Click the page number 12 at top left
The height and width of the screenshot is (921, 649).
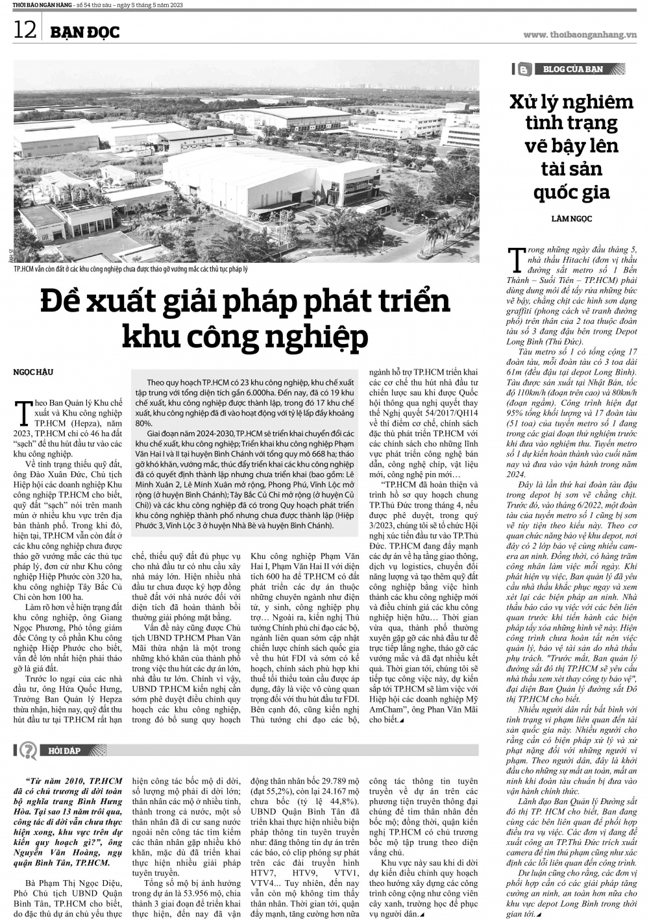[24, 30]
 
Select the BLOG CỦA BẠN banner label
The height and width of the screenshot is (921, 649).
[573, 69]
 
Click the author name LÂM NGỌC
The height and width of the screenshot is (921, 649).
[571, 219]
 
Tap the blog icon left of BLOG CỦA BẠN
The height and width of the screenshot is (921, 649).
[523, 69]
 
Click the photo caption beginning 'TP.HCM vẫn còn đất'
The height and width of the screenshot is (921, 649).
[134, 268]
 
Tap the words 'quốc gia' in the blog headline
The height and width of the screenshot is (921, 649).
[571, 192]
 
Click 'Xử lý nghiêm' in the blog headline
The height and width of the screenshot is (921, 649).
[571, 102]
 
